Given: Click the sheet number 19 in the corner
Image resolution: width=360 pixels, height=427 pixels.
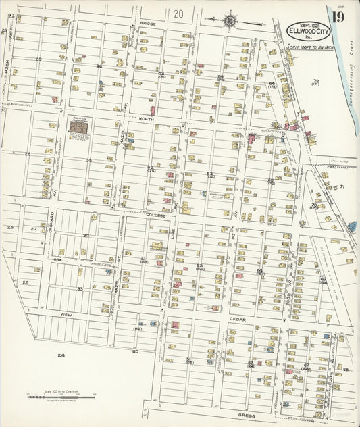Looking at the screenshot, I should pos(338,14).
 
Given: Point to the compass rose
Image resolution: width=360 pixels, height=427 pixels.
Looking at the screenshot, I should pos(229,21).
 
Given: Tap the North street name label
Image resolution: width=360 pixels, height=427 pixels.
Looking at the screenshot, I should pos(146,119).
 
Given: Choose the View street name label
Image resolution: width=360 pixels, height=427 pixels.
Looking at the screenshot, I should pos(66,315).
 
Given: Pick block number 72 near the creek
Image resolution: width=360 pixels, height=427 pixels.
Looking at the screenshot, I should pos(315,81).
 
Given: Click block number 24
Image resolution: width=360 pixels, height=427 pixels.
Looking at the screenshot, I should pos(61,355).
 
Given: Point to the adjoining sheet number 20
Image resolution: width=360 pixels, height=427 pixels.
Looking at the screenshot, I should pos(178,13).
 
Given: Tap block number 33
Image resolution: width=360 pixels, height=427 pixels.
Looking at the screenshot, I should pos(79,288).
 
